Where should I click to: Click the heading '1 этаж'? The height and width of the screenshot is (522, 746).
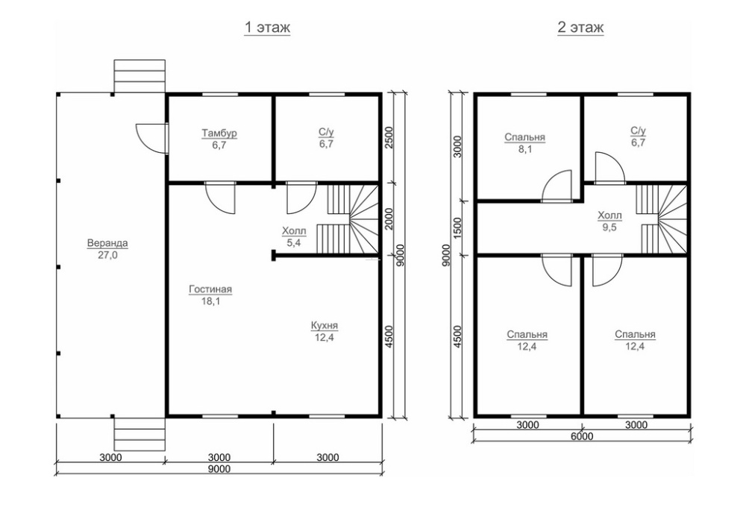pos(267,28)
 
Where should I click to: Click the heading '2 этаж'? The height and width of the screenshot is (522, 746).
pos(580,28)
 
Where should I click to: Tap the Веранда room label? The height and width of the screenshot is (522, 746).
pos(107,243)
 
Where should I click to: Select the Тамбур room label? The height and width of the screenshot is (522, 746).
pos(219,133)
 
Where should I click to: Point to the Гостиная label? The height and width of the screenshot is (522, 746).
pos(210,289)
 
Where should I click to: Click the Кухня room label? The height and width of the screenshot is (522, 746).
pos(325,326)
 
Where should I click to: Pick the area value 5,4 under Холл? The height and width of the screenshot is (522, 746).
pos(294,243)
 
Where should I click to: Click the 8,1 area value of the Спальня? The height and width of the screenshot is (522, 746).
pos(524,149)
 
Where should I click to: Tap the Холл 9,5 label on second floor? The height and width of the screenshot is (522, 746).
pos(609,221)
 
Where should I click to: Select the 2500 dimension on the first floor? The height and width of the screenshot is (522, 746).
pos(389,138)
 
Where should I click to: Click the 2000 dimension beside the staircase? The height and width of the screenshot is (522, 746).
pos(389,218)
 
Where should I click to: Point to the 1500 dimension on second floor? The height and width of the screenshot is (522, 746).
pos(457,228)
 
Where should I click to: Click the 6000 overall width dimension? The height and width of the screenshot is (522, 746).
pos(581,436)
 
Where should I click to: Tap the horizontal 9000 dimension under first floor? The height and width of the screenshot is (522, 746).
pos(219,469)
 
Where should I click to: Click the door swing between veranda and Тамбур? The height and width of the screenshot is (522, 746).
pos(151,139)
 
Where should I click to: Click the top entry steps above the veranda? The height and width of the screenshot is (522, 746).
pos(140,76)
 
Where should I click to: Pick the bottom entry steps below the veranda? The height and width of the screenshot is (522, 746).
pos(140,435)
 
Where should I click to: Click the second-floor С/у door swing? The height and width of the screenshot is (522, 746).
pos(609,167)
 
